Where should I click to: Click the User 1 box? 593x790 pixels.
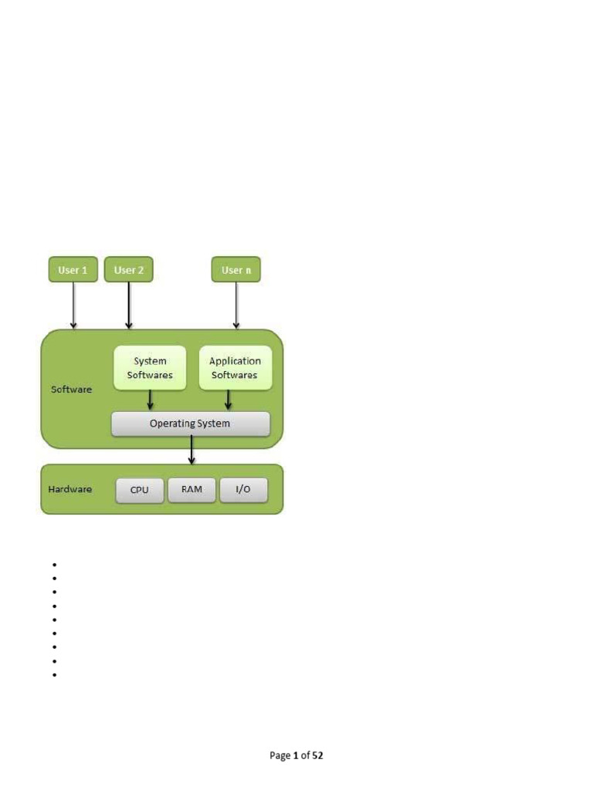point(73,270)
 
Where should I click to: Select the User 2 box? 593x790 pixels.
point(129,270)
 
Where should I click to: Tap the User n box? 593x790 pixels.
point(236,270)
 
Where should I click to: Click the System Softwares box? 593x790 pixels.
point(150,368)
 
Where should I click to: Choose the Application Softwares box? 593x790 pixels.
point(235,368)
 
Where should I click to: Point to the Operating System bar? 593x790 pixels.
point(190,424)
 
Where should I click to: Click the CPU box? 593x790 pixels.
point(140,490)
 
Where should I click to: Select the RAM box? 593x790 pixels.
point(191,490)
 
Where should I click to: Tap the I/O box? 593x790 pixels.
point(243,490)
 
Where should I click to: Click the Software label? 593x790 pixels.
point(71,390)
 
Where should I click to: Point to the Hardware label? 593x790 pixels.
point(70,489)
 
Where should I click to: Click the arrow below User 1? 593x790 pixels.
point(73,306)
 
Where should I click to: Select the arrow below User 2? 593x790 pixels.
point(129,306)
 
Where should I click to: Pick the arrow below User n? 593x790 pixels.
point(236,306)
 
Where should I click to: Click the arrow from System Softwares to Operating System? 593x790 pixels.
point(150,400)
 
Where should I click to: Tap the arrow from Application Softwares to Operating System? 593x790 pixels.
point(228,400)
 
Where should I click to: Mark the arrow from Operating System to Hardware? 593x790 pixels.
point(191,450)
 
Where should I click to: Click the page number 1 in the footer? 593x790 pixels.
point(296,756)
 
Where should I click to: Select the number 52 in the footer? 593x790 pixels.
point(317,756)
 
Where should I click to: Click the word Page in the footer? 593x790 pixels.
point(280,756)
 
